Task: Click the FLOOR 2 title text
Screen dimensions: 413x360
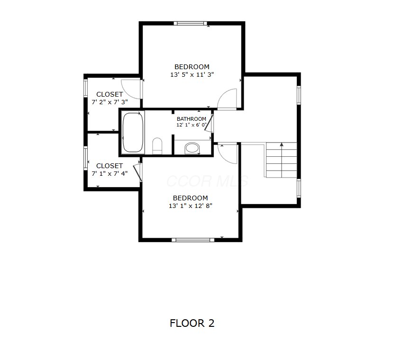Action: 192,323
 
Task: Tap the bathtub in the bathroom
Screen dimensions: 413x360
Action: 133,132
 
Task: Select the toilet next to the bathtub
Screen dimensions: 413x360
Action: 157,146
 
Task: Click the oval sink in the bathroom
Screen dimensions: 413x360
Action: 192,148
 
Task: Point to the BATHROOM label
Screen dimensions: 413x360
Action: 192,119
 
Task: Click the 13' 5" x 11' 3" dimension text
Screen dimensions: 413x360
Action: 192,74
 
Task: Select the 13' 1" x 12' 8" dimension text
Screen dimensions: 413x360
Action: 191,206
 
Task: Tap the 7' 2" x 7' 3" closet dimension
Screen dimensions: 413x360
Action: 110,102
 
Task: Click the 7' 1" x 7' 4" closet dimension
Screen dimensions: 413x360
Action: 110,174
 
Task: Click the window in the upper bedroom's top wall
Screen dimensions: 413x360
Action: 191,23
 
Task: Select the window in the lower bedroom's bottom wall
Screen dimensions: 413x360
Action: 193,240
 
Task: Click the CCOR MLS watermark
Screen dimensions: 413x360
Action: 207,181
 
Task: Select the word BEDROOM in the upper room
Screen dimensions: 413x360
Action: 192,67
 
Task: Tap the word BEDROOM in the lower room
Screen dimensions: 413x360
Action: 191,198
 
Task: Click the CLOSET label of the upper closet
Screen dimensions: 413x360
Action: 110,94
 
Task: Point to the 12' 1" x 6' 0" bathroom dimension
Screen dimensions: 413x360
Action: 192,125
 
